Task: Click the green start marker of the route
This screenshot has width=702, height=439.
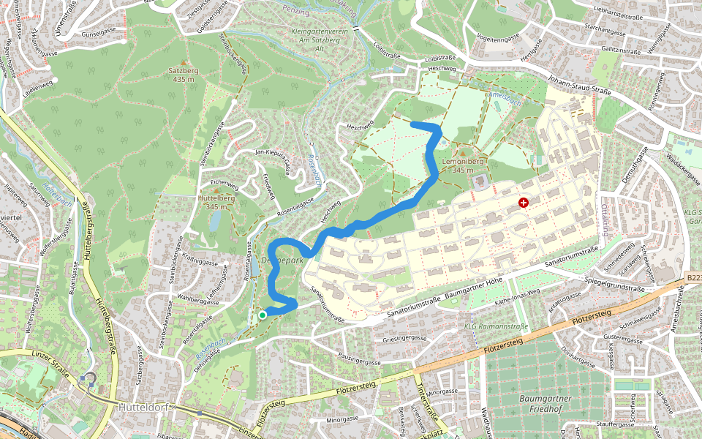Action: pos(263,315)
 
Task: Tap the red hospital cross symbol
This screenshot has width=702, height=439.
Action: pos(524,203)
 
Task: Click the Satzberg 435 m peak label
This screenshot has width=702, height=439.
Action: pos(184,74)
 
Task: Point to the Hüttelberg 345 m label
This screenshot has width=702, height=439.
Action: pos(216,202)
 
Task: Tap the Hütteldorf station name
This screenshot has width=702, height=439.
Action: pos(144,404)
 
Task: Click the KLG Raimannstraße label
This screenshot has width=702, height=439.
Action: pos(497,326)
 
